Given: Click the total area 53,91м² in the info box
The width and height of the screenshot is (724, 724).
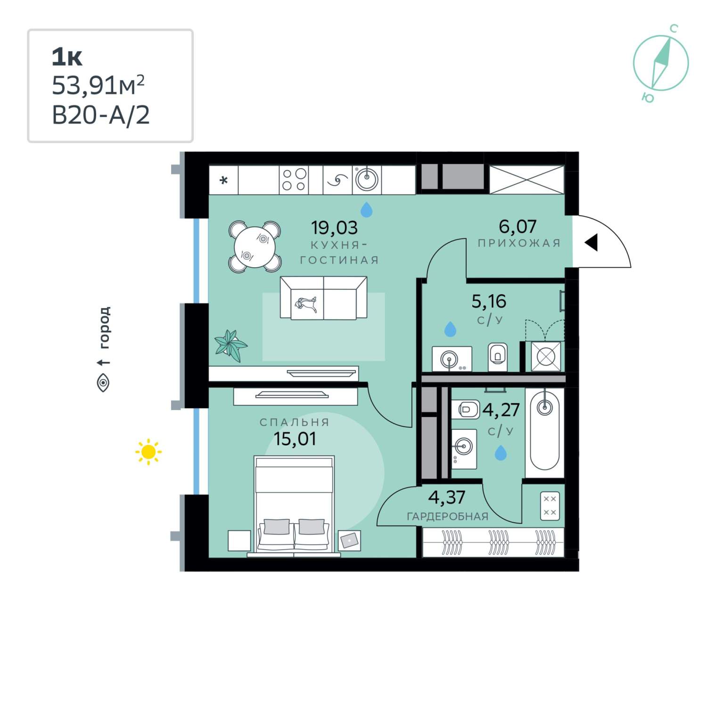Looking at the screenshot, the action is click(x=98, y=85).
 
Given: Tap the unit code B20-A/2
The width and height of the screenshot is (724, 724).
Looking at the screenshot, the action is click(x=101, y=115).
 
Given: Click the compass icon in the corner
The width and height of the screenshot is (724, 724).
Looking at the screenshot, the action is click(x=661, y=63).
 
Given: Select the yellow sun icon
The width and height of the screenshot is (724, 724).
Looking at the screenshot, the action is click(x=148, y=452).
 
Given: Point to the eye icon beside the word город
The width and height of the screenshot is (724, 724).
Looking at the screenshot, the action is click(x=103, y=382).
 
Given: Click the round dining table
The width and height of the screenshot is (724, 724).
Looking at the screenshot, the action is click(x=255, y=247).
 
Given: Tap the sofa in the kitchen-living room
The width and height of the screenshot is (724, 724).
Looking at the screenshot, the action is click(x=323, y=298).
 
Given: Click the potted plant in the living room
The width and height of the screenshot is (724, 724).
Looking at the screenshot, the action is click(x=230, y=345).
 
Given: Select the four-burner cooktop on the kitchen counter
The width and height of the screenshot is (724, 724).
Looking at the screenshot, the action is click(x=294, y=180).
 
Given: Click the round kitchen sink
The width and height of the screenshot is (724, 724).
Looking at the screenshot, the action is click(x=367, y=180).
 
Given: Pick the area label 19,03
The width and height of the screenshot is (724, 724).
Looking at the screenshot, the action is click(x=334, y=228).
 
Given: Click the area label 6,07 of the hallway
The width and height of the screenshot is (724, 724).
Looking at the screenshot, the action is click(x=518, y=227).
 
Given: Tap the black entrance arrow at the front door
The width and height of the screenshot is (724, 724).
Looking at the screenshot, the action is click(x=592, y=242).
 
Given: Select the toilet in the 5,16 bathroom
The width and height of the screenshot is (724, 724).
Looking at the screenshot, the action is click(x=498, y=356).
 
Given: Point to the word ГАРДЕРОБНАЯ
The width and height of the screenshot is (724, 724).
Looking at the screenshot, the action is click(x=447, y=517).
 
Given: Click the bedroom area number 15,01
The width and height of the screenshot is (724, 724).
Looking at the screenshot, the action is click(x=295, y=439).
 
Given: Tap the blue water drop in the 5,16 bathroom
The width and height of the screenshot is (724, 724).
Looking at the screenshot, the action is click(x=450, y=329).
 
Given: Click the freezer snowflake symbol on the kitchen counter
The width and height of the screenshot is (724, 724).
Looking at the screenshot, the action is click(x=224, y=180).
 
